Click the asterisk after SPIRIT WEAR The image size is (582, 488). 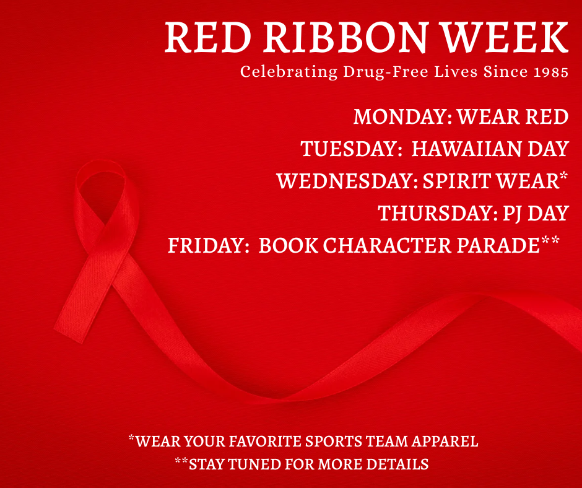click(x=563, y=178)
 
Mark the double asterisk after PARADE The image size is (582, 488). click(x=550, y=243)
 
